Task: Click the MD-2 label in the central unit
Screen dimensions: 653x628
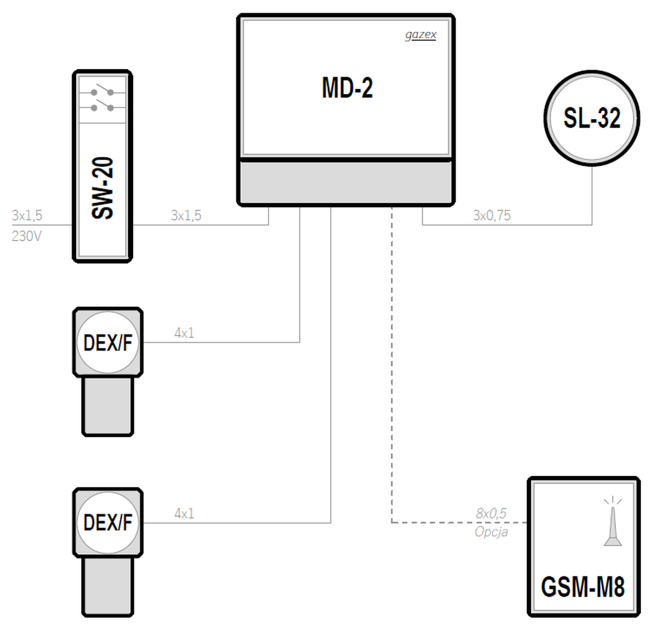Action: pos(348,88)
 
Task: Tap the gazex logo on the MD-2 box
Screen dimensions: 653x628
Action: pos(420,35)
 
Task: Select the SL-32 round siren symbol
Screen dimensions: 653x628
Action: pos(592,118)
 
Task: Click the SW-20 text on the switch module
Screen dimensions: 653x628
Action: pos(102,188)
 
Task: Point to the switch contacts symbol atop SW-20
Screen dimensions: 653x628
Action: pos(102,100)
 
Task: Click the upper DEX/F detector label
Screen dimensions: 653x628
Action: pos(108,343)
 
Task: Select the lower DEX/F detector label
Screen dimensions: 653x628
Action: pos(108,522)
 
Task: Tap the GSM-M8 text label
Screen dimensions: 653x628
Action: pos(583,587)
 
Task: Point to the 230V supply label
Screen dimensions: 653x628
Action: pos(26,236)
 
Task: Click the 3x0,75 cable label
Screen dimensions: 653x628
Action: pos(492,215)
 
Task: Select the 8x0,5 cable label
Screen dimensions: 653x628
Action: pos(491,514)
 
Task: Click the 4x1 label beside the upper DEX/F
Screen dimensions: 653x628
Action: pos(184,333)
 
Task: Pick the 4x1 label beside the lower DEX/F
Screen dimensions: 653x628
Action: pos(184,514)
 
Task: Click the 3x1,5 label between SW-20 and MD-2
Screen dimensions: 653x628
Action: pos(186,215)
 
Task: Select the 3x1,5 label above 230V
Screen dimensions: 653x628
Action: pos(27,215)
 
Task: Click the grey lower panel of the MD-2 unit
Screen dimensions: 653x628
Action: pos(346,182)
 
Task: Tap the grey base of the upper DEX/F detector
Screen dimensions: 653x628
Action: pos(108,406)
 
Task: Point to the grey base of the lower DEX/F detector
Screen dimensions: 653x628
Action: pos(108,587)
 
